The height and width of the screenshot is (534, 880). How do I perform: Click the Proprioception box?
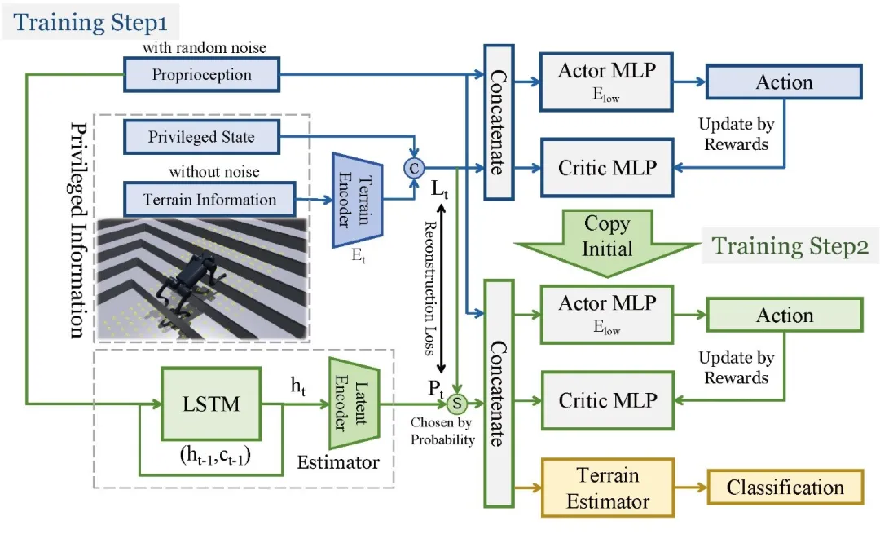(201, 75)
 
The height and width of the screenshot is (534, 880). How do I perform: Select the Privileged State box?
(201, 137)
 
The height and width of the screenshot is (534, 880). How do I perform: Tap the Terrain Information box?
(209, 200)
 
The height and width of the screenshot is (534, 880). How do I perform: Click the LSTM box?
(211, 402)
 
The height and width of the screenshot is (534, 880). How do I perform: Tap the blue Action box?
(784, 82)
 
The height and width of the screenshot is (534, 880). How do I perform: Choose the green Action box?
(784, 316)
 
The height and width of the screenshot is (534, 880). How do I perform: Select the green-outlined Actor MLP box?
(606, 314)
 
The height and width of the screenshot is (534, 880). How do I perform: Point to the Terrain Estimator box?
(608, 488)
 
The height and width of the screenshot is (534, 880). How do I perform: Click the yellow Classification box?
(785, 488)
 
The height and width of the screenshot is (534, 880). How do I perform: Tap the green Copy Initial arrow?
(607, 236)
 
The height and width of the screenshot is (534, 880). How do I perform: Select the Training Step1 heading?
(90, 21)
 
